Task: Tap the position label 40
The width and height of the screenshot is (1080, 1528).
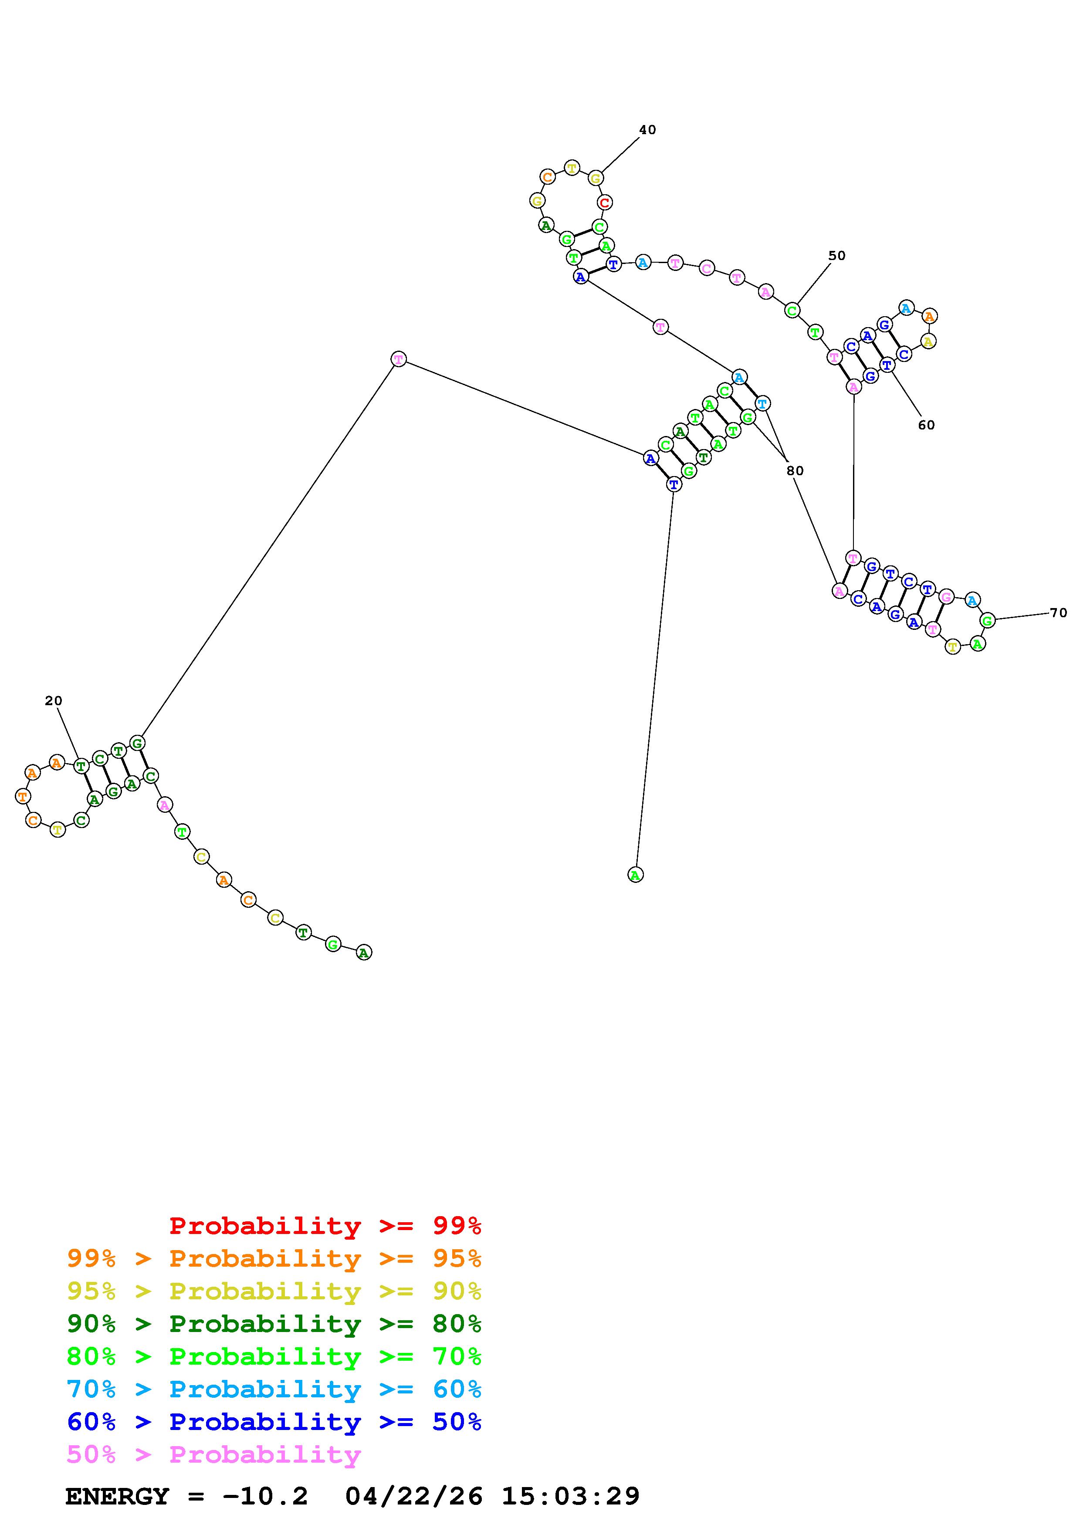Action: click(647, 130)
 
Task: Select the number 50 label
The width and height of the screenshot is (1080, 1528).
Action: click(836, 256)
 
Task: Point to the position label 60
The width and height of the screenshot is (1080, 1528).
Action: click(926, 425)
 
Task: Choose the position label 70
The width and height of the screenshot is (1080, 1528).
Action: click(1058, 613)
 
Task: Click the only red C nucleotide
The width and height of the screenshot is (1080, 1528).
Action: click(604, 202)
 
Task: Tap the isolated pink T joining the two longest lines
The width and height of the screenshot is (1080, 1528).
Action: click(398, 359)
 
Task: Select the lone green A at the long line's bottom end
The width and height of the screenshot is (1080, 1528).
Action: click(636, 875)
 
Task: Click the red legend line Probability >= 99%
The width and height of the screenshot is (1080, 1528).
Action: click(325, 1226)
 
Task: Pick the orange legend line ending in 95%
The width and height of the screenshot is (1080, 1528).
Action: click(274, 1258)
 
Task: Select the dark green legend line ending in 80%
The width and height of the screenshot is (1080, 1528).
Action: click(274, 1324)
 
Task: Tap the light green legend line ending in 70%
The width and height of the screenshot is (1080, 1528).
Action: click(274, 1356)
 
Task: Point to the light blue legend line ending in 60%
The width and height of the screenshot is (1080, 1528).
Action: click(274, 1389)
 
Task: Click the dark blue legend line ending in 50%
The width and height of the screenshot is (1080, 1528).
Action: click(274, 1422)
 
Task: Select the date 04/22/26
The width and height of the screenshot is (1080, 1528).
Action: click(414, 1496)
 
